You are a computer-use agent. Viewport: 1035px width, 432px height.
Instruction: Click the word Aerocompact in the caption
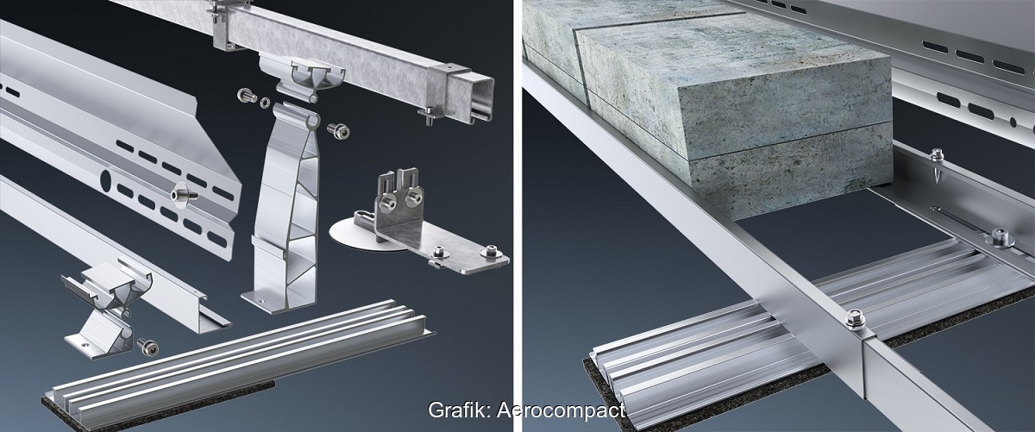(x=561, y=410)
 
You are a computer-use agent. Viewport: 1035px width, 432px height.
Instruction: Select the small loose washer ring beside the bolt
(x=266, y=102)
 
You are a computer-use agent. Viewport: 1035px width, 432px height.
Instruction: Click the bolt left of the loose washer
(x=247, y=96)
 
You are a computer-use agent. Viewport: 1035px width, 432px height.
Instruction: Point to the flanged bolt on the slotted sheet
(x=184, y=195)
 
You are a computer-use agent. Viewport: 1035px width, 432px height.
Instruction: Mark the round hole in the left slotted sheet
(x=105, y=178)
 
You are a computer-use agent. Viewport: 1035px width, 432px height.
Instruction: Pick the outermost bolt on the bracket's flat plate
(x=491, y=253)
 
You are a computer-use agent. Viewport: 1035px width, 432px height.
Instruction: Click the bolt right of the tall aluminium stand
(x=338, y=131)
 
